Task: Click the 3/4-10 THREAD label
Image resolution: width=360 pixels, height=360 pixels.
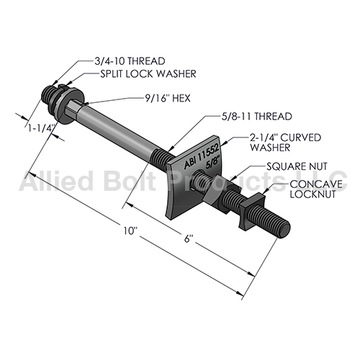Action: tap(130, 61)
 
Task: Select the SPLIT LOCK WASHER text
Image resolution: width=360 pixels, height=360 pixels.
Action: tap(148, 73)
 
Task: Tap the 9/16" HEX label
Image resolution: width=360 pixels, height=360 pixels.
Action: tap(168, 98)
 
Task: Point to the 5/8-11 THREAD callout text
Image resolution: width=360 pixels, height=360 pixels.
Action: tap(256, 117)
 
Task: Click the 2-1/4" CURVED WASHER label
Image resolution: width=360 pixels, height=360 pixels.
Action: tap(286, 143)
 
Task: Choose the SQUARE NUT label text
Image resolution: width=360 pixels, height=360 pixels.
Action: tap(297, 166)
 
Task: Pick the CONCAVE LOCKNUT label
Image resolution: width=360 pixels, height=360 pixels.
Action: tap(316, 189)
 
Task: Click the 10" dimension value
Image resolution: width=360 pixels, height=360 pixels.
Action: tap(130, 231)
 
